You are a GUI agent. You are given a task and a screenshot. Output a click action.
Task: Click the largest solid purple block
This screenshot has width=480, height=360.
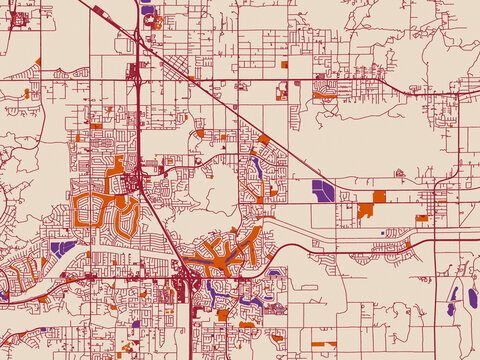[323, 190]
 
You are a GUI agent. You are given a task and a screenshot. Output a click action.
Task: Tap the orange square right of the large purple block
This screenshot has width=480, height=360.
[379, 196]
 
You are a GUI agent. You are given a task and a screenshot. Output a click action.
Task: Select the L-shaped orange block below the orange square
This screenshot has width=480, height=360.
[365, 211]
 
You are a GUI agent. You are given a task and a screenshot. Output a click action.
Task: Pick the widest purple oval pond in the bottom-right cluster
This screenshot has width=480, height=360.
[472, 297]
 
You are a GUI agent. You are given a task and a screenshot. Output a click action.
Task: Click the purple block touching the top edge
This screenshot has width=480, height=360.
[148, 10]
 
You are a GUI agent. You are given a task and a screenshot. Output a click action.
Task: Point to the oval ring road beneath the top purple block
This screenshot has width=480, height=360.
[153, 21]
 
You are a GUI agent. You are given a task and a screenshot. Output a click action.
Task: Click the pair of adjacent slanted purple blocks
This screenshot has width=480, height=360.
[61, 246]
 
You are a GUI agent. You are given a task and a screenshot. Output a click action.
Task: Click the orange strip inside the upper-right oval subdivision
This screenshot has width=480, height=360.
[325, 97]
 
